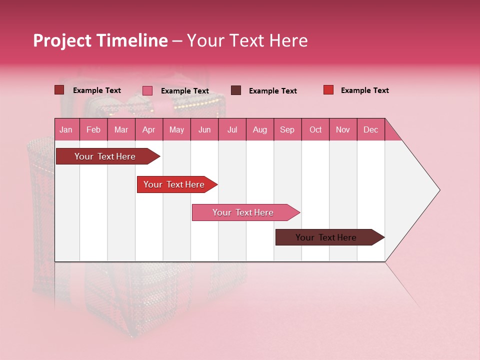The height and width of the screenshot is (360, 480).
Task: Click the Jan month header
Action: (x=66, y=130)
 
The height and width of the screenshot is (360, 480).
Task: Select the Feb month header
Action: (x=93, y=130)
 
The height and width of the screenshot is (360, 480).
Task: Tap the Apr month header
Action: (x=148, y=130)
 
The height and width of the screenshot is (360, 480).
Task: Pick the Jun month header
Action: (x=204, y=130)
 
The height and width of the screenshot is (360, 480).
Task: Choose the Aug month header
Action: (x=260, y=130)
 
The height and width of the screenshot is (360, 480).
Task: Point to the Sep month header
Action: (x=287, y=130)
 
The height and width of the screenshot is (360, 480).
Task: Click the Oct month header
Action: (x=315, y=130)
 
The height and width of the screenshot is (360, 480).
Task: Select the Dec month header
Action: (x=371, y=130)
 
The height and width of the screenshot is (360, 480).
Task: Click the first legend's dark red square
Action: (x=59, y=90)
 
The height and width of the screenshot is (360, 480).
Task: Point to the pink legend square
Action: (x=147, y=90)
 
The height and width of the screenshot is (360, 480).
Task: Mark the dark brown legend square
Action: (x=236, y=90)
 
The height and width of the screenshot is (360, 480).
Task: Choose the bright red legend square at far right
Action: (x=328, y=90)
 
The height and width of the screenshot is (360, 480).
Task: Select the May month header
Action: (x=176, y=130)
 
